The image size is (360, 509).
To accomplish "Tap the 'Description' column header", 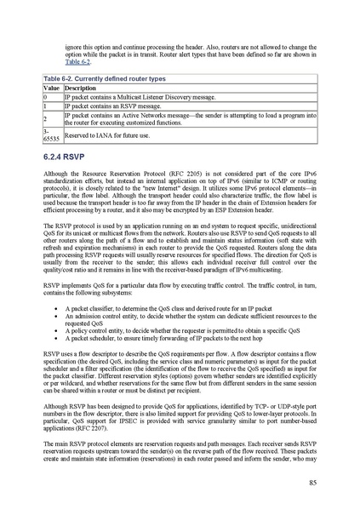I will coord(81,89).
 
